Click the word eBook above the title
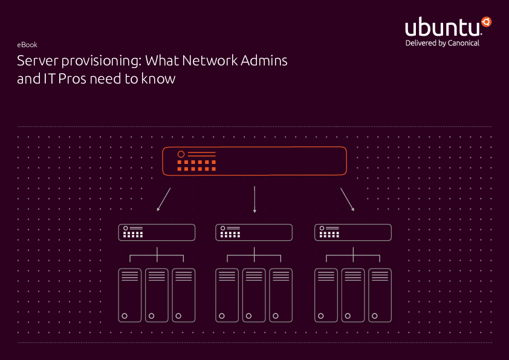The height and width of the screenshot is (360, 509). pyautogui.click(x=27, y=45)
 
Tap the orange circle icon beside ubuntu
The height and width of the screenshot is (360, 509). pyautogui.click(x=486, y=22)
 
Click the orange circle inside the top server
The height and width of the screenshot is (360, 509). pyautogui.click(x=180, y=155)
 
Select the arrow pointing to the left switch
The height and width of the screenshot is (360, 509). pyautogui.click(x=163, y=200)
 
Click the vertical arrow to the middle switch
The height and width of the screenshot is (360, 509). pyautogui.click(x=254, y=200)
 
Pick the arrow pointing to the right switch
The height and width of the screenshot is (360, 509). pyautogui.click(x=347, y=200)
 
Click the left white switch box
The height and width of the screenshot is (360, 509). pyautogui.click(x=157, y=232)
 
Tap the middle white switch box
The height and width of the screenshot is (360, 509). pyautogui.click(x=254, y=232)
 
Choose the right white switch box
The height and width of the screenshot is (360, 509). pyautogui.click(x=353, y=232)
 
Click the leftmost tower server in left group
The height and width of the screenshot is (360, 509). pyautogui.click(x=130, y=295)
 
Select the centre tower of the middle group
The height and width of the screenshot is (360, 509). pyautogui.click(x=254, y=295)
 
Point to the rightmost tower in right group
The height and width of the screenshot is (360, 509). pyautogui.click(x=380, y=295)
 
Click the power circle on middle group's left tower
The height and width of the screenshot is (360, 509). pyautogui.click(x=222, y=316)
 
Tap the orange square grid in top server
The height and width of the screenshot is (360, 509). pyautogui.click(x=196, y=165)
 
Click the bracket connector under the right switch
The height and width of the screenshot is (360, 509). pyautogui.click(x=353, y=256)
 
